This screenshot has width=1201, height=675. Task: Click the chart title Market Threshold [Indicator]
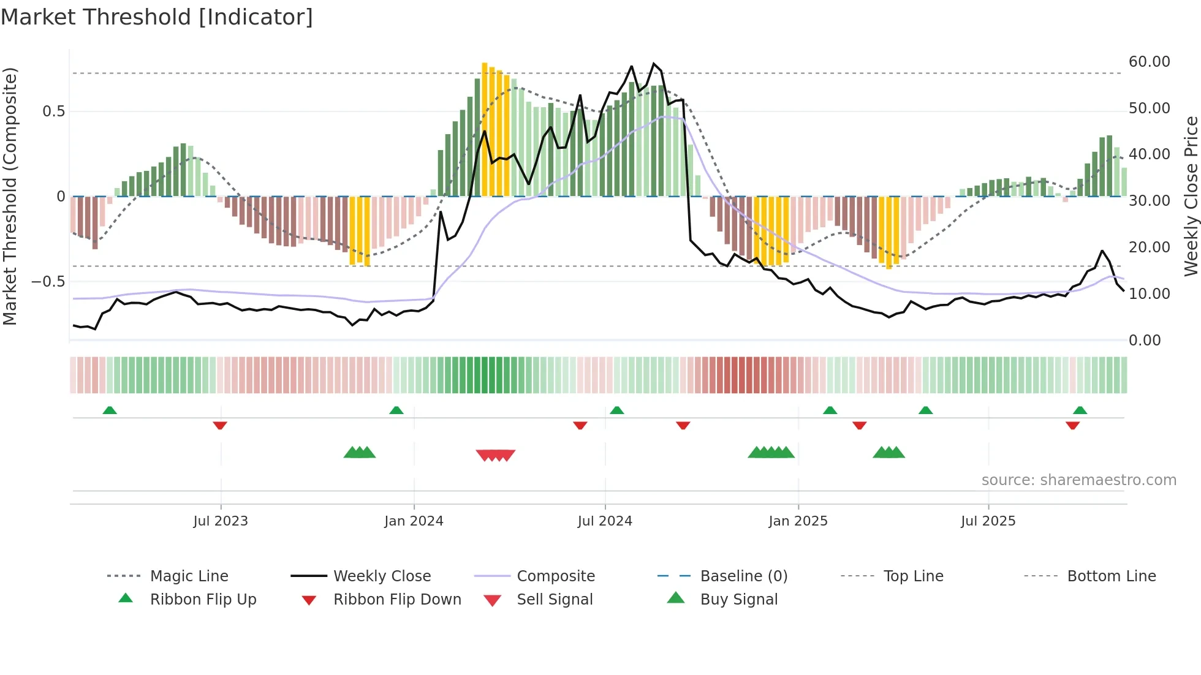157,17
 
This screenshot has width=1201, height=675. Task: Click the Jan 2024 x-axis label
414,521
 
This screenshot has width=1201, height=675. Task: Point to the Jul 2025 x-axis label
988,521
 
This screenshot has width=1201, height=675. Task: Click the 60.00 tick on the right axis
1149,62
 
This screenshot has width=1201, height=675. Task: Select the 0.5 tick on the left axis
53,111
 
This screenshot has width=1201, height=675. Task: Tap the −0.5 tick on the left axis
48,282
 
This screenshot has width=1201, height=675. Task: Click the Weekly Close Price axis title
1191,196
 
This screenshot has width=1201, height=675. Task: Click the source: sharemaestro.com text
1078,480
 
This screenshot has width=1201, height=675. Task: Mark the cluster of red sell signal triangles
495,455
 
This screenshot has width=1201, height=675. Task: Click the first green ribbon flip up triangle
110,410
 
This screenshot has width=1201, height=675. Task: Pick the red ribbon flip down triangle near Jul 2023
220,425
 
